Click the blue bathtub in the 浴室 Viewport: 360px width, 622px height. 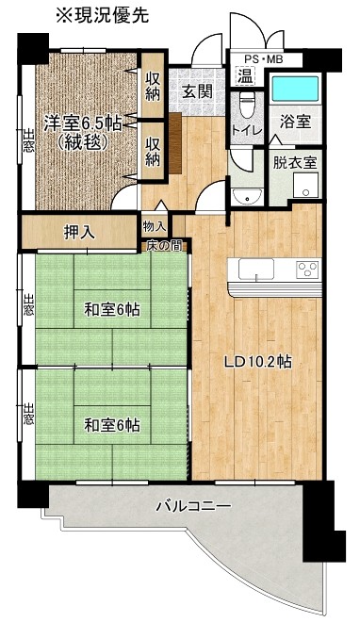point(295,89)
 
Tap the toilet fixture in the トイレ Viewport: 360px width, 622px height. point(245,106)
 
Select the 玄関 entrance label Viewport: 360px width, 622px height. point(197,91)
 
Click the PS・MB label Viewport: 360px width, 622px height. point(263,59)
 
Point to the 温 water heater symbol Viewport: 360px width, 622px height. point(245,76)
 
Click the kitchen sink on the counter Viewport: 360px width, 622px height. point(256,270)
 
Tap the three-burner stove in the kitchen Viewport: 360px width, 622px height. point(307,270)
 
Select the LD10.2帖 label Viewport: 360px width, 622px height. point(258,362)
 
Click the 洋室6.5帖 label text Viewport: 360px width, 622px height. point(83,123)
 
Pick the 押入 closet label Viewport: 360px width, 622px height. point(80,232)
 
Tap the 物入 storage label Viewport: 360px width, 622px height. point(155,227)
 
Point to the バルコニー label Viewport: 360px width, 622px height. point(193,507)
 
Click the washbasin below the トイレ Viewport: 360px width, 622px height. point(247,196)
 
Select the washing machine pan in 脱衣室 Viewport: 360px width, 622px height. point(305,185)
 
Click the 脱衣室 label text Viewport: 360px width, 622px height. point(295,163)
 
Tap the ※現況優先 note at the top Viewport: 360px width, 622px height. point(103,15)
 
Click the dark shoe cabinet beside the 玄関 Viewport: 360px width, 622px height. point(175,143)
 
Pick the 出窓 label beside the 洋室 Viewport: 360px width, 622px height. point(28,140)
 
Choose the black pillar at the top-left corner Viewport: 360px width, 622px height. point(33,49)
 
